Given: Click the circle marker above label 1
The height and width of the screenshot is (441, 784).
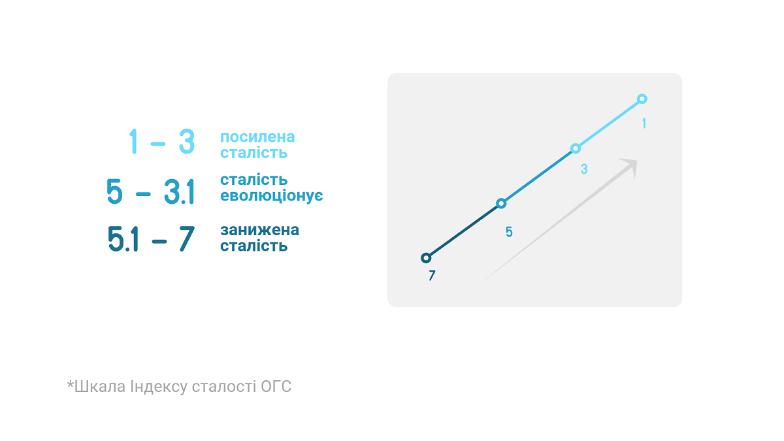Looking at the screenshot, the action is (642, 95).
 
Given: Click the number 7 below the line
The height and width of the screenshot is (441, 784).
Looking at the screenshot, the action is (432, 276).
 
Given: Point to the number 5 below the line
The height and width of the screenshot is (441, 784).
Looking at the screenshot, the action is (509, 232).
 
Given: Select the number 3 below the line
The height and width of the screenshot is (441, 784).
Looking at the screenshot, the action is (584, 169).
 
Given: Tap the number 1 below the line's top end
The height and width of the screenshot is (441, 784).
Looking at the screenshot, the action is (644, 123).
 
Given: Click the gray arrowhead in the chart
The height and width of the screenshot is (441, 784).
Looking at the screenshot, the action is (629, 168).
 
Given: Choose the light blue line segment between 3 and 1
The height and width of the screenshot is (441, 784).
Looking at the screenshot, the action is (609, 123).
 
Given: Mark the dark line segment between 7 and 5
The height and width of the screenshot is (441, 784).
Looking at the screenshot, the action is (463, 231).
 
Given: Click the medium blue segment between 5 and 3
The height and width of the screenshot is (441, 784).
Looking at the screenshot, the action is (538, 176).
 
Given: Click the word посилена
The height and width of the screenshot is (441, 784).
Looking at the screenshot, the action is (257, 137).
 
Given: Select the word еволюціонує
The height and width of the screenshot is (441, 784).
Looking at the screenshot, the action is (272, 195).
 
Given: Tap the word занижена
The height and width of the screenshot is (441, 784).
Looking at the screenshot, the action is (260, 230).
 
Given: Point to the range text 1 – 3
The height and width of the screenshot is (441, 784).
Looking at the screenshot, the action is (162, 141).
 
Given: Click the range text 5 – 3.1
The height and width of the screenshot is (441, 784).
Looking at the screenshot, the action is (150, 191).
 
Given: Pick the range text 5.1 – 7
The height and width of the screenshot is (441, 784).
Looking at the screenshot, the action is (151, 239).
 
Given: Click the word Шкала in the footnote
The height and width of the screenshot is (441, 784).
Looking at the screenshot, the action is (100, 387).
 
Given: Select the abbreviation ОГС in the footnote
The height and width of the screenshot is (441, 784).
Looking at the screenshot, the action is (276, 387).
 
